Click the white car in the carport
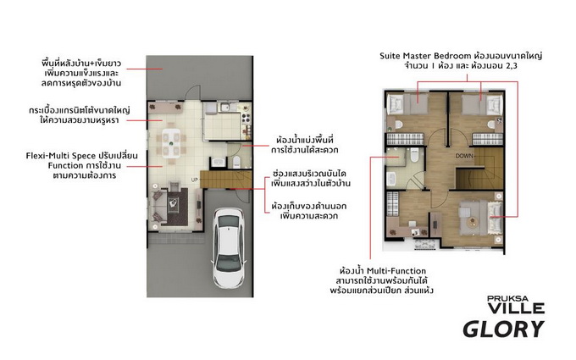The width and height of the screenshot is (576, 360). click(229, 248)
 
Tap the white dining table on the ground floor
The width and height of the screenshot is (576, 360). click(172, 142)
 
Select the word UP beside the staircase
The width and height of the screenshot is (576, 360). click(194, 180)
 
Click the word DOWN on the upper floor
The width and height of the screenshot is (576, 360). click(464, 156)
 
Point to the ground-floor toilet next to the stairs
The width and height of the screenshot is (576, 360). click(236, 162)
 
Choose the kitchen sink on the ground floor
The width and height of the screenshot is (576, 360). click(224, 108)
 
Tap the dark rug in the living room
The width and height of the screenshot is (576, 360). click(177, 207)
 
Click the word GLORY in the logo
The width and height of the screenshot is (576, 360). click(503, 330)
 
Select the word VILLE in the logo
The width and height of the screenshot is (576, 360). click(516, 308)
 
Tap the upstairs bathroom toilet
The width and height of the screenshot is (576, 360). click(414, 155)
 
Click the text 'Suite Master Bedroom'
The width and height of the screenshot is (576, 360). click(425, 56)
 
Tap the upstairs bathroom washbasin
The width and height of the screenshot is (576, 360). click(390, 180)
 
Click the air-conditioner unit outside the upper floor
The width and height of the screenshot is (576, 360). click(424, 244)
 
